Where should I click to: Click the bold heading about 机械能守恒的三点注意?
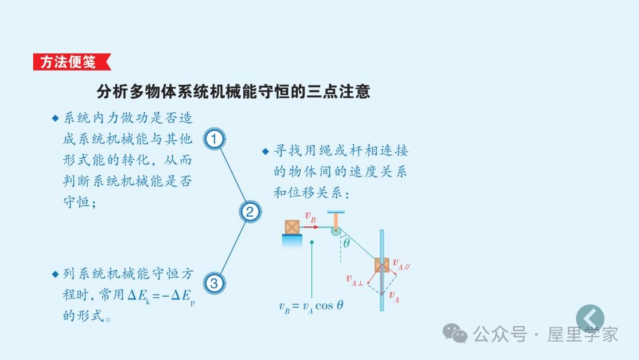233,91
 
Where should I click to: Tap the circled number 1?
214,139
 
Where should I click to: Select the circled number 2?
250,211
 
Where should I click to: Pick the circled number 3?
214,284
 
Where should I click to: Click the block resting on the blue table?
292,227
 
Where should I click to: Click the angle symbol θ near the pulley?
347,242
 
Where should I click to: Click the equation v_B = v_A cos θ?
311,306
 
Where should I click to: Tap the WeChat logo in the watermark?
456,333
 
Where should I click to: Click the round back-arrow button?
590,319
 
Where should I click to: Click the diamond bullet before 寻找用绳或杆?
266,151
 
